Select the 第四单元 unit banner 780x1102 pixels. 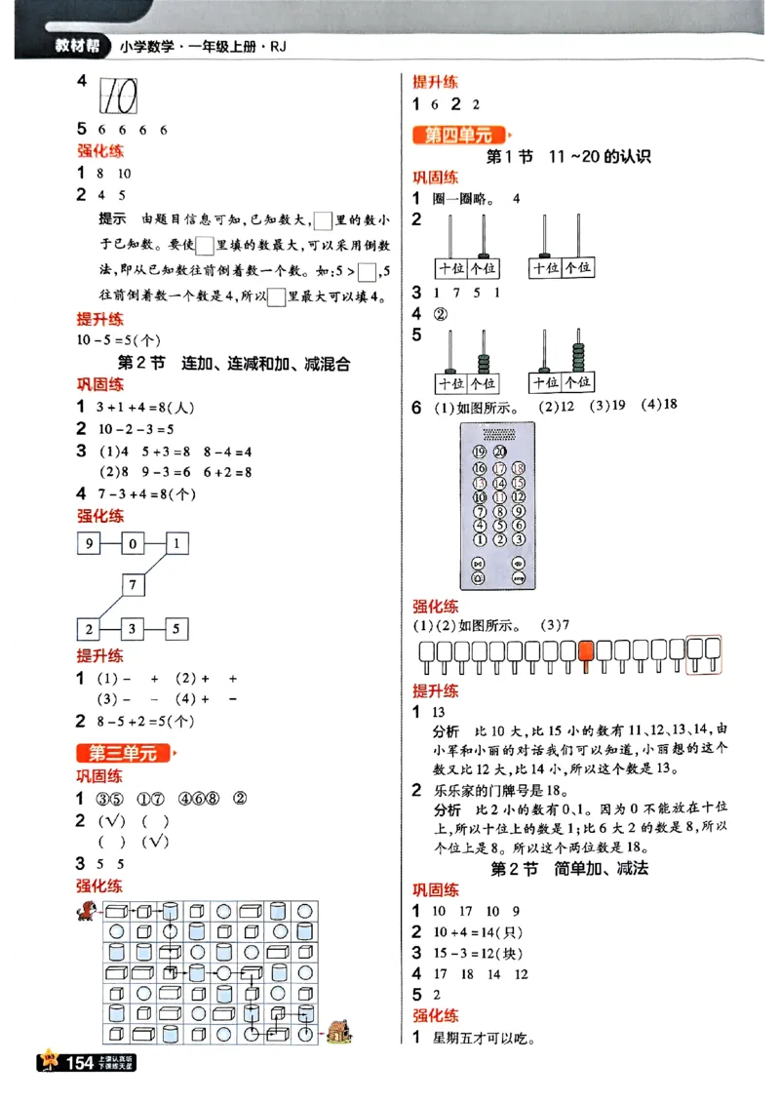458,136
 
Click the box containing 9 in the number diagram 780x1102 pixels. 90,543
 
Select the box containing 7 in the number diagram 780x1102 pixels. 134,585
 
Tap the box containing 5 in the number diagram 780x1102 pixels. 176,629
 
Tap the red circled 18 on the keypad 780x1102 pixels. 518,467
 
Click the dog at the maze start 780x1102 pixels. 88,912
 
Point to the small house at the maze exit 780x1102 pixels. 337,1031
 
